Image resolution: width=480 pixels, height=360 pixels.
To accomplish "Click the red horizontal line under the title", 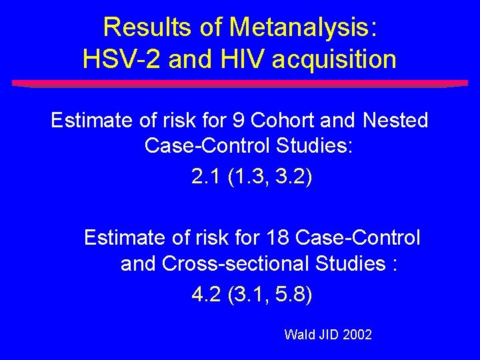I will [x=240, y=84].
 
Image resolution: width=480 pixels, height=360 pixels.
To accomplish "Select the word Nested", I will [x=395, y=121].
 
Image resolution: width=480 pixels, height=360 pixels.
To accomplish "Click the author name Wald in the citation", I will [x=298, y=334].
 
